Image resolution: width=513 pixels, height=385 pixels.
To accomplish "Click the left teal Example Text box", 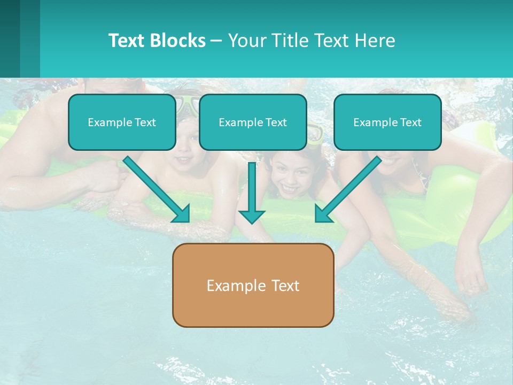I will pyautogui.click(x=122, y=122).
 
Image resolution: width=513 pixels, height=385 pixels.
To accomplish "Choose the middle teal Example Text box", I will pyautogui.click(x=253, y=122).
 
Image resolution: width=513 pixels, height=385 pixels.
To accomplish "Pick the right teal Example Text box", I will pyautogui.click(x=387, y=122).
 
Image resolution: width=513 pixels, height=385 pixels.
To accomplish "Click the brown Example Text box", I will pyautogui.click(x=253, y=285).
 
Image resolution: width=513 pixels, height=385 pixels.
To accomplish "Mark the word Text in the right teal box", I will pyautogui.click(x=411, y=122).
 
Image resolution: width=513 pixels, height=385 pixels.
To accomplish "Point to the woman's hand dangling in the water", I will pyautogui.click(x=470, y=279).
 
